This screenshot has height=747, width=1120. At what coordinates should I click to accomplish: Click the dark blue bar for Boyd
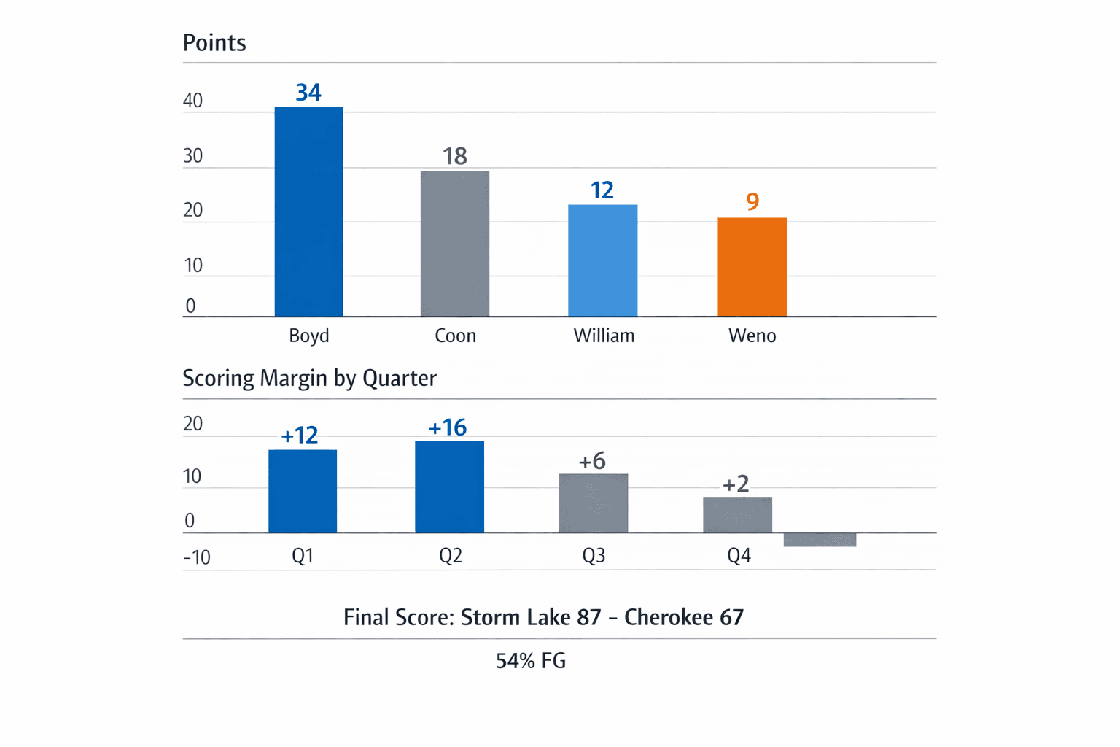(308, 212)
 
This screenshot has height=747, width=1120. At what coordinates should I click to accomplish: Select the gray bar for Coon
(455, 244)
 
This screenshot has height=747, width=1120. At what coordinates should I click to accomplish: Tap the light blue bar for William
(602, 260)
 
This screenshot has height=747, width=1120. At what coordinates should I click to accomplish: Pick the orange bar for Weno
(752, 267)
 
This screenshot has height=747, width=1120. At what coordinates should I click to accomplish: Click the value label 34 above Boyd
(308, 93)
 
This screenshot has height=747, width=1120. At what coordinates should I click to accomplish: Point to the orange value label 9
(752, 201)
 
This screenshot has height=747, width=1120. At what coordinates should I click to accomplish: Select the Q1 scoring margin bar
(303, 491)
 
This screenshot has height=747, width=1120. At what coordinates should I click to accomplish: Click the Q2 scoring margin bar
(449, 487)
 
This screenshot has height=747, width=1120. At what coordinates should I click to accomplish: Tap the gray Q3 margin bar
(594, 503)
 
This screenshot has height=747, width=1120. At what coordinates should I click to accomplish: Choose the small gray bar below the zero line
(820, 540)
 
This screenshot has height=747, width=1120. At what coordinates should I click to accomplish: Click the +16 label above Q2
(448, 427)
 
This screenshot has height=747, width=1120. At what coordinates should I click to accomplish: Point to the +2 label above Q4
(736, 484)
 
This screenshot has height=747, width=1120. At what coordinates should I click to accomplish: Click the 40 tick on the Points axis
(193, 101)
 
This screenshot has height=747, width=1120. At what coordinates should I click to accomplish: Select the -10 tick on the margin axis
(197, 558)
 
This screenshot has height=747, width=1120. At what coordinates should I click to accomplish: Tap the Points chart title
(214, 43)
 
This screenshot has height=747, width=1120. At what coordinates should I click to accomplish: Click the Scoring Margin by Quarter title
(309, 378)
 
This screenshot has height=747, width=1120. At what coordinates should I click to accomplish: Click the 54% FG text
(531, 661)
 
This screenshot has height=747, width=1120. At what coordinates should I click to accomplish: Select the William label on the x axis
(604, 336)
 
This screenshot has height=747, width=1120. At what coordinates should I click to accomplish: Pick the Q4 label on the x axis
(739, 556)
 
